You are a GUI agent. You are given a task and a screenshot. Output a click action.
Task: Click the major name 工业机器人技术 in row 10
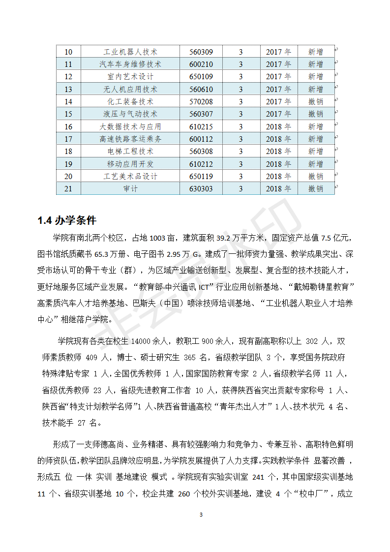click(x=130, y=52)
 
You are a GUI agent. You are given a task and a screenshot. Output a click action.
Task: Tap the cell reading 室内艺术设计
click(x=130, y=77)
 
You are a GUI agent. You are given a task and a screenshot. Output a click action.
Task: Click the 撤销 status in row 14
click(x=315, y=101)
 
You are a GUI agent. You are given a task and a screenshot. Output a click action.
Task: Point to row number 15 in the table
click(x=68, y=114)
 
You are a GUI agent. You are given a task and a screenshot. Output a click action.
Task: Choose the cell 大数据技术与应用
click(x=130, y=126)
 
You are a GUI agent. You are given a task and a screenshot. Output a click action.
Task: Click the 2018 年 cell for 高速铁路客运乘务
click(x=278, y=139)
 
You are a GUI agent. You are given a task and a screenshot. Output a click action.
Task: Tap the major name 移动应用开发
click(x=130, y=164)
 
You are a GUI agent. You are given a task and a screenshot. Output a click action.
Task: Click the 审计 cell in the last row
click(x=130, y=188)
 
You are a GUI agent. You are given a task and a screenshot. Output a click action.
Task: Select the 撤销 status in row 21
click(x=315, y=188)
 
